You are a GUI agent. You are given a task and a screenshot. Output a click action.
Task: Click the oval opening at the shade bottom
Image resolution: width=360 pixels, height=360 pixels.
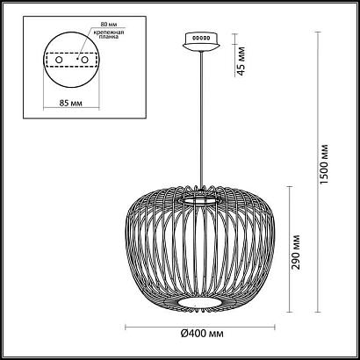(x=200, y=303)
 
